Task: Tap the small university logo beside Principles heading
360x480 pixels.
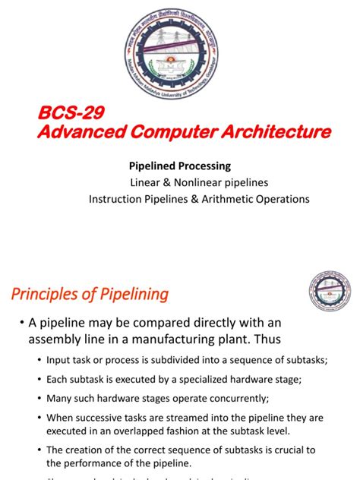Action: (x=329, y=293)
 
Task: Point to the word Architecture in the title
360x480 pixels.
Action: (x=264, y=133)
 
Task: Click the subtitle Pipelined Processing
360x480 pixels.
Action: (x=181, y=166)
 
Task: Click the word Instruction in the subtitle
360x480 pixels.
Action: (x=116, y=199)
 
